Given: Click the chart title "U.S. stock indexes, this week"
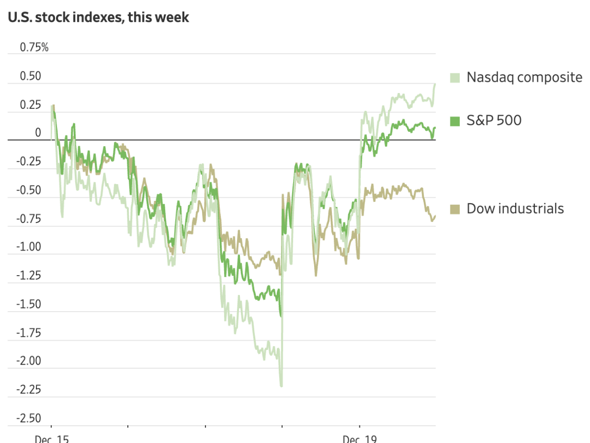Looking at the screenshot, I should tap(98, 17).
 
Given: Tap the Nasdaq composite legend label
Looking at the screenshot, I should tap(524, 77).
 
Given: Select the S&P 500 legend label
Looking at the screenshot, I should tap(494, 120).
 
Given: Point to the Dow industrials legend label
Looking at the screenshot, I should tap(515, 208).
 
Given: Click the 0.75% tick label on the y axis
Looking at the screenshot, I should tap(34, 47).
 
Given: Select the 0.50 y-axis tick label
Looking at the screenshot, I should tap(30, 76).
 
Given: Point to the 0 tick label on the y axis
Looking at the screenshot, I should tap(38, 133).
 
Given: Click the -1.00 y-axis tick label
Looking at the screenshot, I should tap(29, 247).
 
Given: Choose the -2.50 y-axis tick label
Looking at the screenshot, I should tap(29, 418).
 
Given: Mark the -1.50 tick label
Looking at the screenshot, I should tap(29, 304).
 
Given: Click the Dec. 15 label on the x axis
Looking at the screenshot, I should tap(51, 439).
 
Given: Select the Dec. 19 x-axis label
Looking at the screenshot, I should tap(359, 439).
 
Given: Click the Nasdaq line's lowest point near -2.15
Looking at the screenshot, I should tap(281, 386).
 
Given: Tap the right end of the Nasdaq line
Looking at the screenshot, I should tap(435, 84).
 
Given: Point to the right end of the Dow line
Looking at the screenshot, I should tap(435, 216).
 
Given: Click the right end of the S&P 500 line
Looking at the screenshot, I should tap(435, 128).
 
